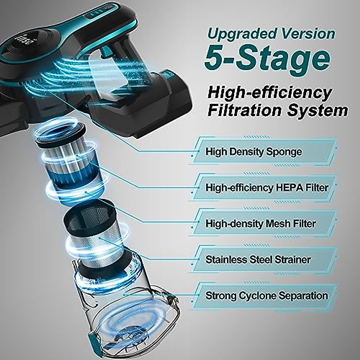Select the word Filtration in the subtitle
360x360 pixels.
pyautogui.click(x=244, y=111)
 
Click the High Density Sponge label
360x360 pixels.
pyautogui.click(x=253, y=152)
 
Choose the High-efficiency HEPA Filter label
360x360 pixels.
pyautogui.click(x=267, y=188)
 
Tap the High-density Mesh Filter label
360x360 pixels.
pyautogui.click(x=260, y=224)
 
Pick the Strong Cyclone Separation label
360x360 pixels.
pyautogui.click(x=266, y=295)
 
